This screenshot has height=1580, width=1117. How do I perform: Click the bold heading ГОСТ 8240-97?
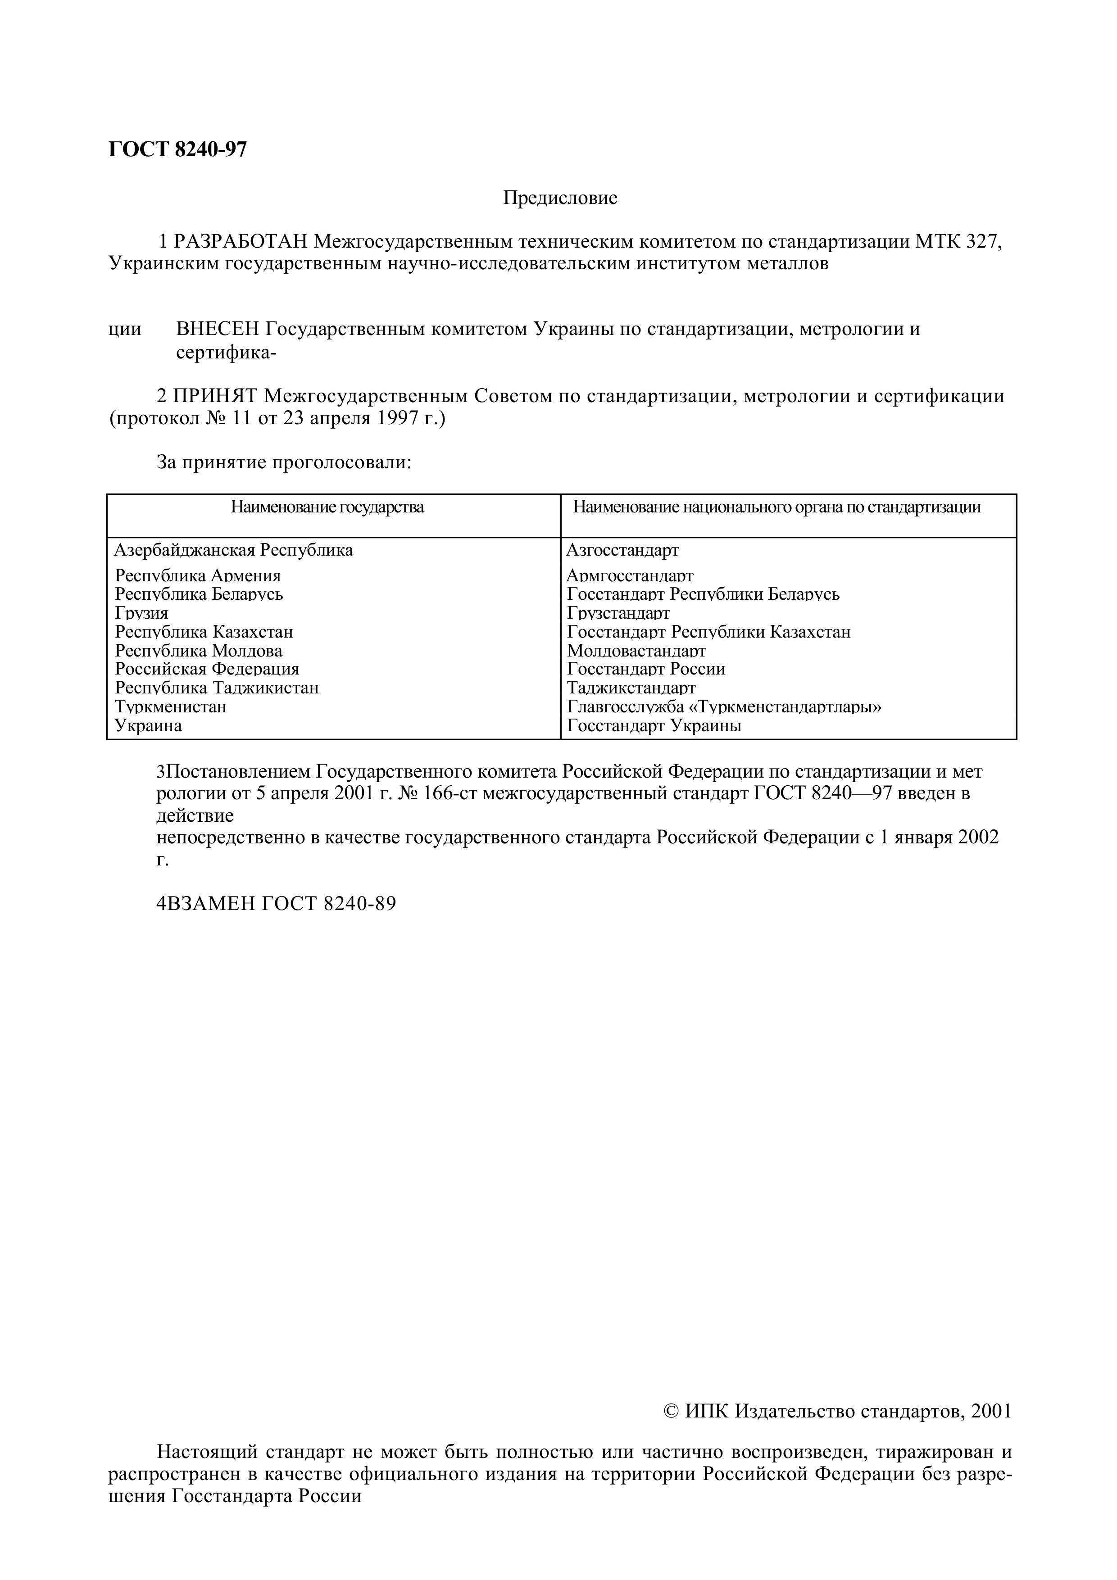pos(177,149)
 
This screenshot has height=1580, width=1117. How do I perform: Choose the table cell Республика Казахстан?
pos(204,632)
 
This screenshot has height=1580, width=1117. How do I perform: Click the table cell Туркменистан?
pos(171,707)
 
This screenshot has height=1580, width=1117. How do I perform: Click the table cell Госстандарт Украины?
pos(654,725)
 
